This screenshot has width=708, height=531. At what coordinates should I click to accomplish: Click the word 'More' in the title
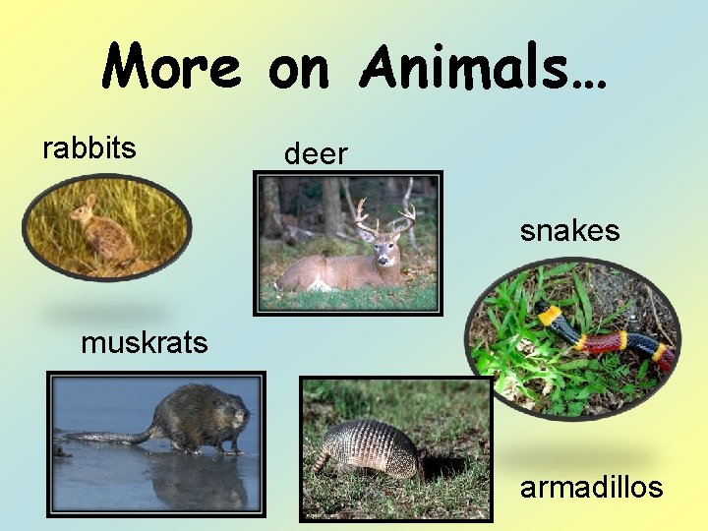pos(172,67)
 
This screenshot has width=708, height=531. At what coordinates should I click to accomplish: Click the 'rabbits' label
pos(89,147)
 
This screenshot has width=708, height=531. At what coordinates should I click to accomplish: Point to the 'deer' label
pos(316,153)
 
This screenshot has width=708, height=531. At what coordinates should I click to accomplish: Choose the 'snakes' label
pos(569,231)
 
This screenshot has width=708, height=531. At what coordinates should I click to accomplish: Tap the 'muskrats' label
pos(145,342)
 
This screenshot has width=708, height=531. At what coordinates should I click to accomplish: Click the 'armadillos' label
pos(592,486)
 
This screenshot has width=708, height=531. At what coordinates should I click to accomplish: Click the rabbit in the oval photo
pos(102,233)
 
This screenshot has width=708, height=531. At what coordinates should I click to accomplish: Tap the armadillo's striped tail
pos(321,461)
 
